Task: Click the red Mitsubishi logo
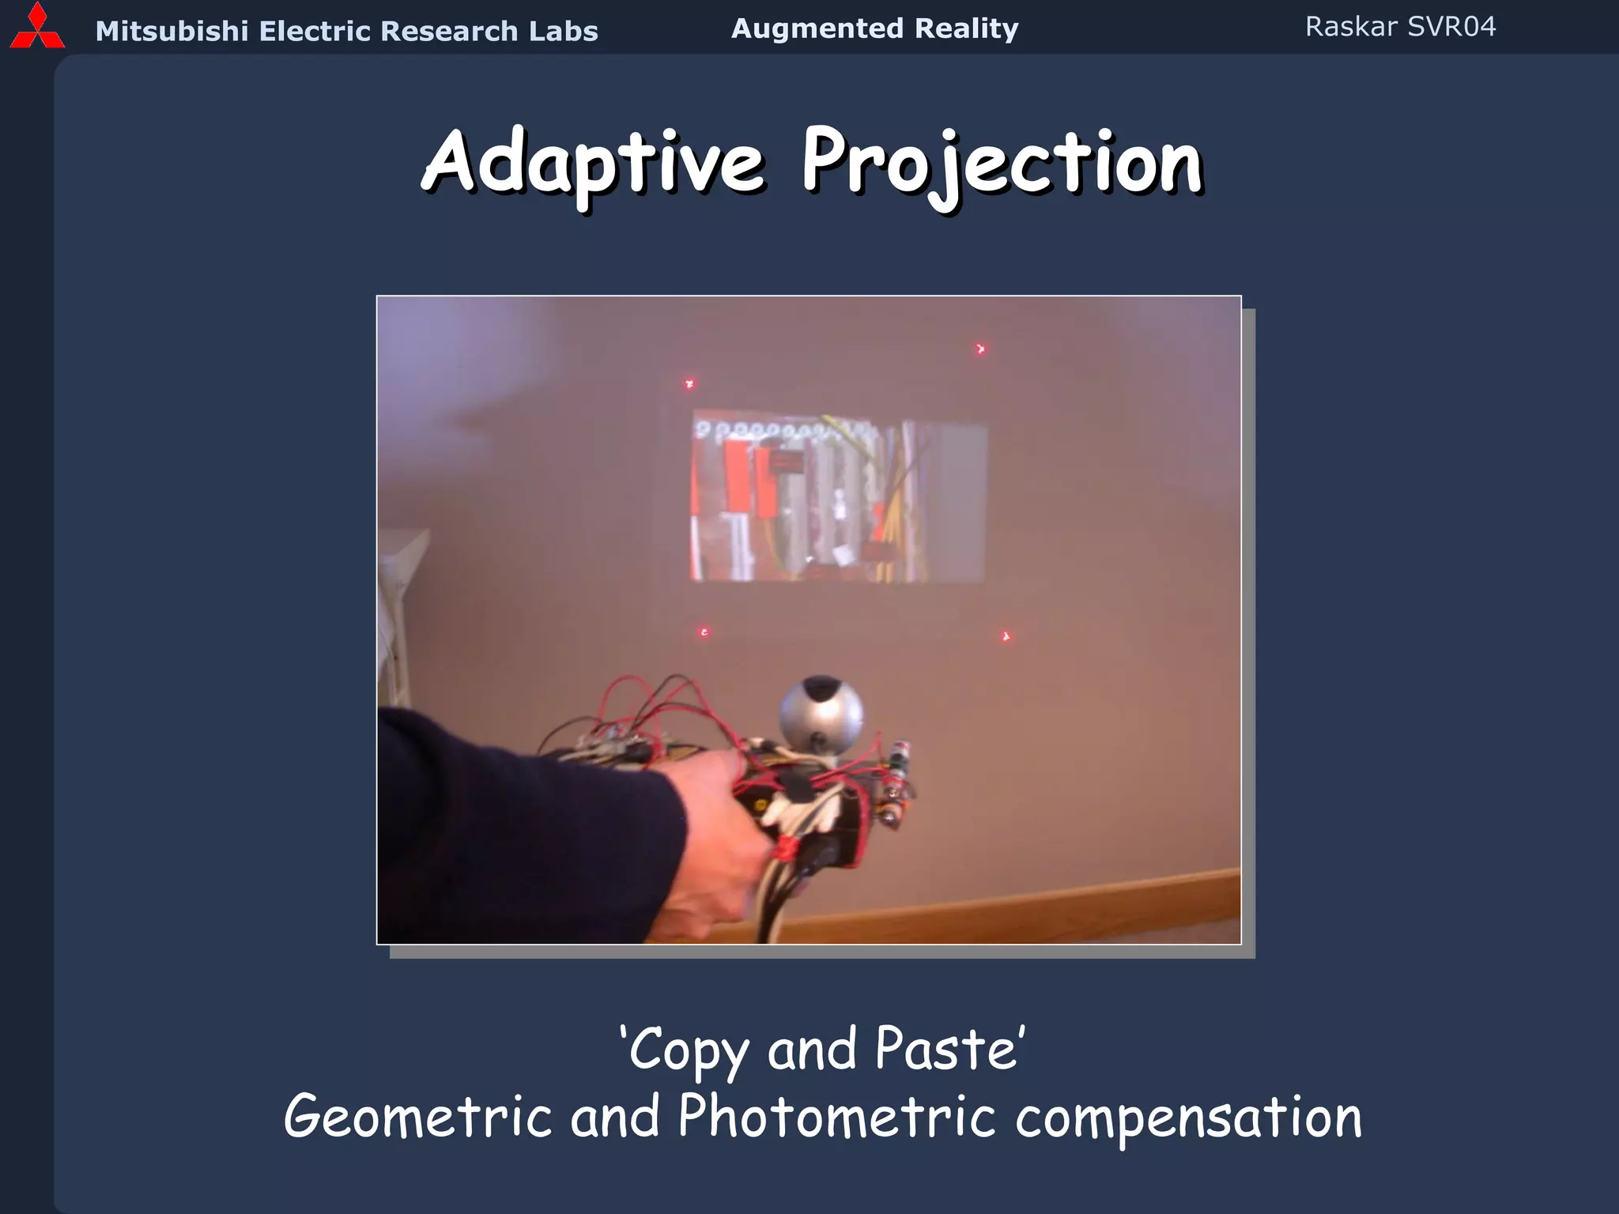(x=37, y=28)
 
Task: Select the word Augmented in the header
(x=817, y=28)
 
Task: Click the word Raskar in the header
(x=1351, y=27)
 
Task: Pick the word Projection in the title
(x=1002, y=164)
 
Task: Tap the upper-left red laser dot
(x=689, y=384)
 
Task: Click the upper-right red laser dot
(x=980, y=349)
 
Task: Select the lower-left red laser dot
(x=704, y=632)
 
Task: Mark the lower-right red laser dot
(x=1006, y=636)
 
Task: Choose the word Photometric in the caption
(x=836, y=1117)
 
